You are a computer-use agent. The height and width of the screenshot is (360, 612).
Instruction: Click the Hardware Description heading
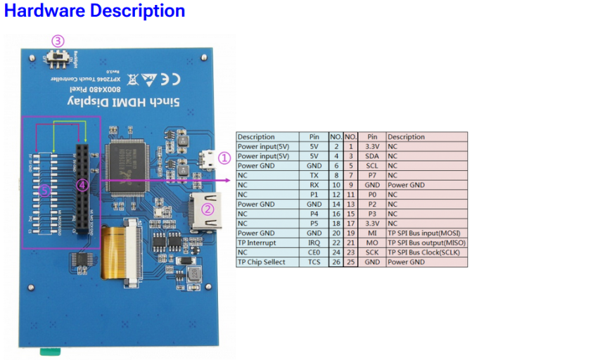tap(95, 11)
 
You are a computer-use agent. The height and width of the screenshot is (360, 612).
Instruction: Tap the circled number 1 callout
tap(224, 158)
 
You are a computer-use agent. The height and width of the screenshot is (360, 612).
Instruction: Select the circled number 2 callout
tap(208, 209)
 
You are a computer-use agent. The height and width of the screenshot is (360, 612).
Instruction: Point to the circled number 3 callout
tap(58, 41)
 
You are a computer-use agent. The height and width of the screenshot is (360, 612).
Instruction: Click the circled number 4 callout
tap(82, 185)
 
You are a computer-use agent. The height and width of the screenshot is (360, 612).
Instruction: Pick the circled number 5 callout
tap(45, 190)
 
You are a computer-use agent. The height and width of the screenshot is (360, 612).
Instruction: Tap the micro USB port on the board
tap(206, 160)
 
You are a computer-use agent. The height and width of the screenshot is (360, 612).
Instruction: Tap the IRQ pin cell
tap(314, 243)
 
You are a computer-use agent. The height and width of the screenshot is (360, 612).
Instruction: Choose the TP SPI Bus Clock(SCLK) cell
tap(426, 252)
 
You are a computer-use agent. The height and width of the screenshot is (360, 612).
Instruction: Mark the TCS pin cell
tap(314, 262)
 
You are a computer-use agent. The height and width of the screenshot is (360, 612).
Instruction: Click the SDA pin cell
tap(372, 156)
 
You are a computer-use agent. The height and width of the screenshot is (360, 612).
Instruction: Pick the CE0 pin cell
tap(314, 252)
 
